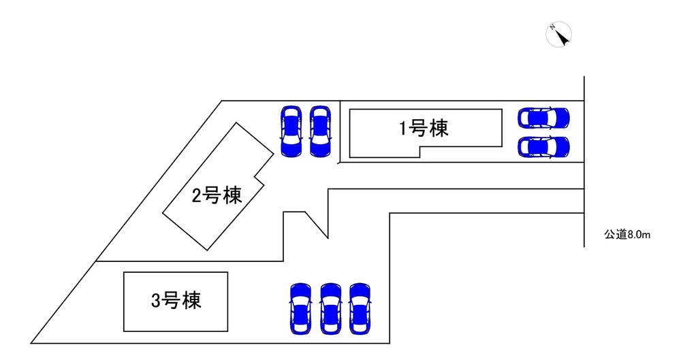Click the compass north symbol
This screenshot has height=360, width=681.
coord(560,35)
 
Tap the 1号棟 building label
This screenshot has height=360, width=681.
coord(424,128)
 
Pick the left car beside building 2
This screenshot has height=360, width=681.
coord(291,131)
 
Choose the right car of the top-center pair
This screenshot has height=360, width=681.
coord(319,131)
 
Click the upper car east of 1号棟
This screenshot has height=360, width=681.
coord(543,118)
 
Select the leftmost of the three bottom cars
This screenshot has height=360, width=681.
coord(300,308)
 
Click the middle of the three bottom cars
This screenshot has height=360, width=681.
coord(330,308)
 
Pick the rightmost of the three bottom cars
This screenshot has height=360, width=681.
coord(359,308)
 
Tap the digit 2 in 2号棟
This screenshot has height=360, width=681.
coord(197,197)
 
